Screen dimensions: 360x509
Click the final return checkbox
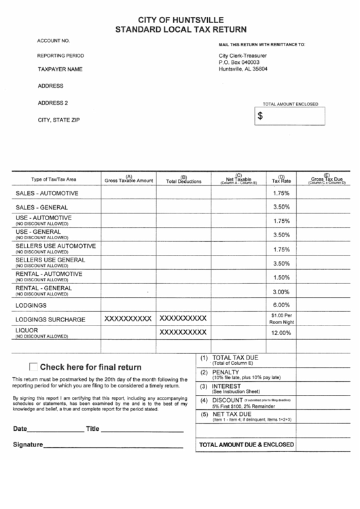pyautogui.click(x=33, y=366)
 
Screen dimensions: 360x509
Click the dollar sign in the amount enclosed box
pyautogui.click(x=260, y=116)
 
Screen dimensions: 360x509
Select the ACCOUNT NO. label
pyautogui.click(x=54, y=41)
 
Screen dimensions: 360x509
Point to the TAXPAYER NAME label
pyautogui.click(x=60, y=69)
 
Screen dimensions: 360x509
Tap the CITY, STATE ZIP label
pyautogui.click(x=58, y=120)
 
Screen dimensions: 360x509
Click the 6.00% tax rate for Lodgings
pyautogui.click(x=281, y=304)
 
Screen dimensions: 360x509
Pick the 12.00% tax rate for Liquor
pyautogui.click(x=281, y=333)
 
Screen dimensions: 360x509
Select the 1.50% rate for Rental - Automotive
pyautogui.click(x=281, y=277)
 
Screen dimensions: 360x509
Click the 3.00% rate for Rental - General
pyautogui.click(x=281, y=292)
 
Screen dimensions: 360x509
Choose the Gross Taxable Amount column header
pyautogui.click(x=128, y=179)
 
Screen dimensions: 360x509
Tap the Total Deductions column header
pyautogui.click(x=183, y=179)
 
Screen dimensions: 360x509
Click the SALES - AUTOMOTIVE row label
pyautogui.click(x=48, y=193)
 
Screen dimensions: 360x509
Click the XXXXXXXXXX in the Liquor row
pyautogui.click(x=183, y=332)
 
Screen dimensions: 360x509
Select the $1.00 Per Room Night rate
pyautogui.click(x=281, y=319)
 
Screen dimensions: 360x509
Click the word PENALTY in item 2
pyautogui.click(x=226, y=373)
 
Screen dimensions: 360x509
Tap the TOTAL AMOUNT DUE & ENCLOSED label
pyautogui.click(x=247, y=444)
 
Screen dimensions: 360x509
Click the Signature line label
pyautogui.click(x=28, y=445)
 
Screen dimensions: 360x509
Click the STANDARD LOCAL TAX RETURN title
pyautogui.click(x=180, y=30)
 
